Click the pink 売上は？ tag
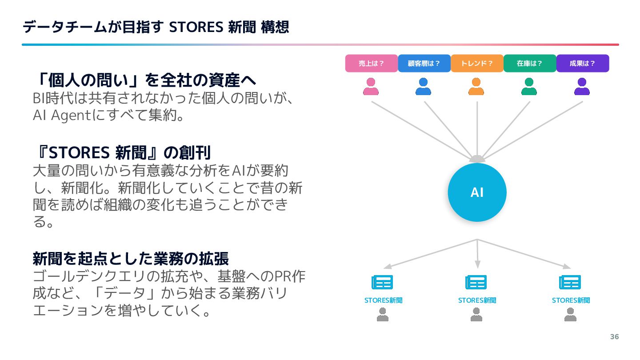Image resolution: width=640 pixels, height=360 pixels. [371, 63]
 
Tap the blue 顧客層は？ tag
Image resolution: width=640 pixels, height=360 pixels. [424, 63]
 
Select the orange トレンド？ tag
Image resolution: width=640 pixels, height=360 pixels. [477, 63]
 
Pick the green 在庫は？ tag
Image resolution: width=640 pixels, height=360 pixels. [530, 63]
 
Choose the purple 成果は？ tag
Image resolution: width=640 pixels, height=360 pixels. [582, 63]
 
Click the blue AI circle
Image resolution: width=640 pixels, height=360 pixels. [477, 192]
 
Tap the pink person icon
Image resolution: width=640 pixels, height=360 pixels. [371, 87]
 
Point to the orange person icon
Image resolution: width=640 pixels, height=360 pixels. [476, 87]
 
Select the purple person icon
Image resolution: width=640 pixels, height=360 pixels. [582, 87]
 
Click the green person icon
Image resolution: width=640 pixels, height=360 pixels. [529, 87]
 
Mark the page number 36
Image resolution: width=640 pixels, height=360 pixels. [614, 336]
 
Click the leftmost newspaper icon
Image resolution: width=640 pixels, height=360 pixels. [382, 283]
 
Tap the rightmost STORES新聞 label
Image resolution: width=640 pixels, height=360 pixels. [571, 300]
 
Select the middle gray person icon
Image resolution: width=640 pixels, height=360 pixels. [476, 315]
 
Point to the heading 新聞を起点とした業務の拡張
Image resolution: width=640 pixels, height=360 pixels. [131, 258]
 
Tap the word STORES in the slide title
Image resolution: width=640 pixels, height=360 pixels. [196, 27]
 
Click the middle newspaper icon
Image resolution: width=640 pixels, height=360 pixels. [476, 283]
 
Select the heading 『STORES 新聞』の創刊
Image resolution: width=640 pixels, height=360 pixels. [122, 152]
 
